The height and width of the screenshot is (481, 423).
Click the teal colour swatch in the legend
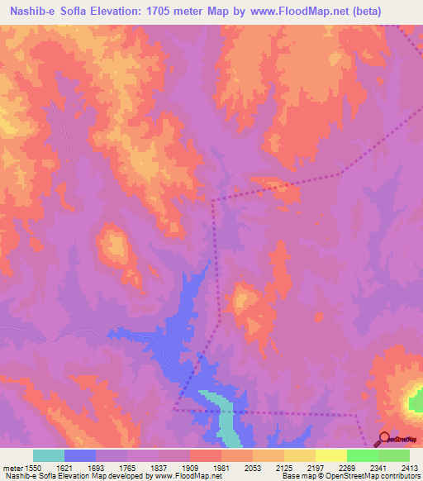[49, 455]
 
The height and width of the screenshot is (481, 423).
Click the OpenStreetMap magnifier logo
[384, 439]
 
